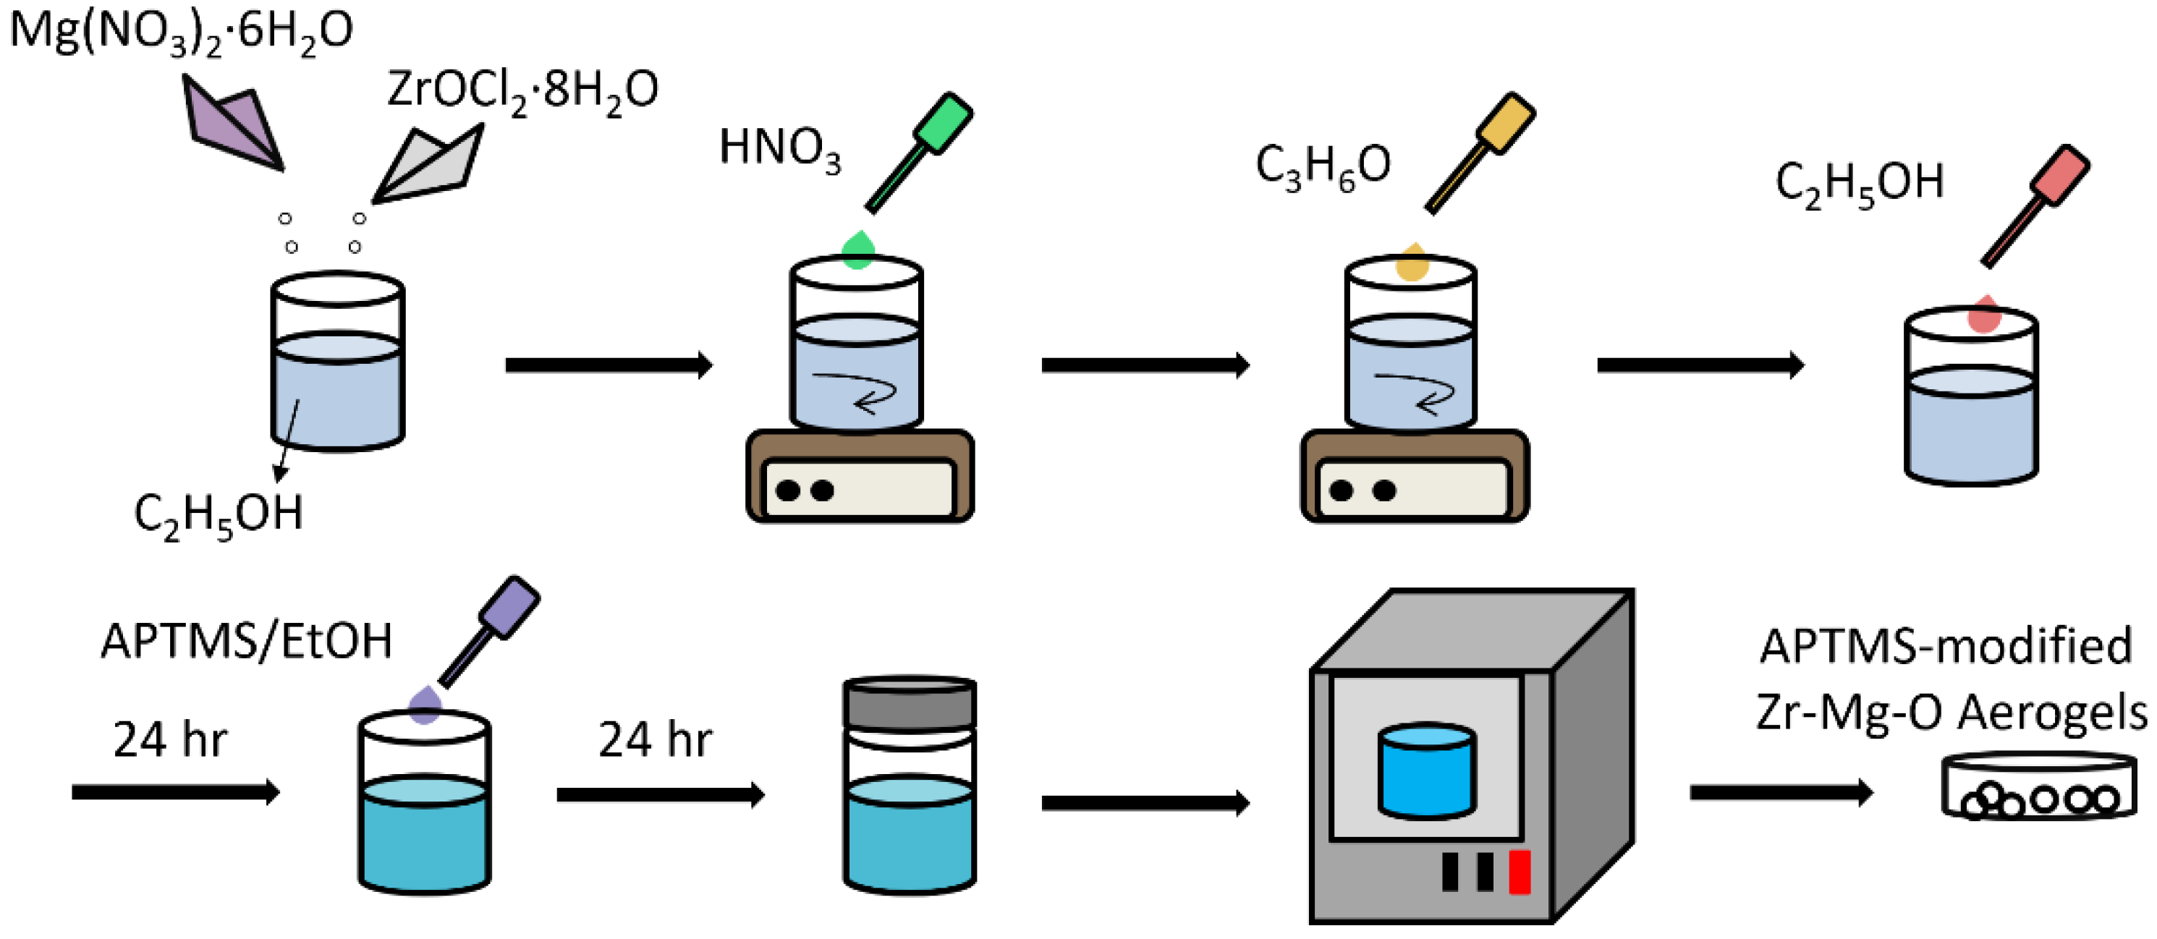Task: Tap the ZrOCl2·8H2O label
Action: [522, 90]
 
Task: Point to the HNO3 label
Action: [779, 149]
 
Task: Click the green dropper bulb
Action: [943, 123]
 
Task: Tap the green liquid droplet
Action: [857, 250]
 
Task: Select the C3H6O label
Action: [1322, 166]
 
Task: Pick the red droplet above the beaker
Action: [1983, 315]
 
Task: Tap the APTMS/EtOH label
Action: [246, 642]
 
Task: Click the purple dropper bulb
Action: [508, 607]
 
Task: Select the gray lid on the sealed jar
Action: [909, 703]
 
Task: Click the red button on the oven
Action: [1519, 871]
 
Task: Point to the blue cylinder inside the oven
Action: [1426, 772]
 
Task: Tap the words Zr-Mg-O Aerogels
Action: [1951, 713]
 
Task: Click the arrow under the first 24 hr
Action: [175, 791]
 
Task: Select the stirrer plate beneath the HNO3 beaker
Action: [860, 477]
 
